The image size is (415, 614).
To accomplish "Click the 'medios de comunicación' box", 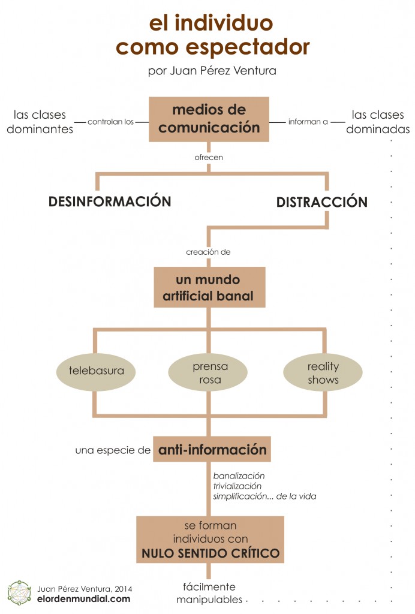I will click(x=209, y=119).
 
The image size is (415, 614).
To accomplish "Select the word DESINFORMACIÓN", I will click(x=110, y=201).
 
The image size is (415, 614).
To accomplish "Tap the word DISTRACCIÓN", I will click(x=321, y=202).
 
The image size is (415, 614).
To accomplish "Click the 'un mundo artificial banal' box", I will click(x=209, y=287).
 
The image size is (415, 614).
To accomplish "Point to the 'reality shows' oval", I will click(x=323, y=372).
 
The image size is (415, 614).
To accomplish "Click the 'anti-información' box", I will click(x=212, y=449).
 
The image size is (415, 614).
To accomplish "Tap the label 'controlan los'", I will click(x=110, y=122).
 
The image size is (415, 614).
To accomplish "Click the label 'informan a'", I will click(x=308, y=122).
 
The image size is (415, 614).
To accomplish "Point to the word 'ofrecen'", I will click(x=208, y=158).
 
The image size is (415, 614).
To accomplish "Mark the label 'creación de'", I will click(x=208, y=252).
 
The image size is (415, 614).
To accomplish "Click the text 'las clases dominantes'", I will click(x=40, y=121).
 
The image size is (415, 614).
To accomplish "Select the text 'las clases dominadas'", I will click(x=380, y=121).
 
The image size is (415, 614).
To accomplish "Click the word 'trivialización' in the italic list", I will click(x=237, y=486).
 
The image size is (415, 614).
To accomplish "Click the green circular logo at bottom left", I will click(x=19, y=592).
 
